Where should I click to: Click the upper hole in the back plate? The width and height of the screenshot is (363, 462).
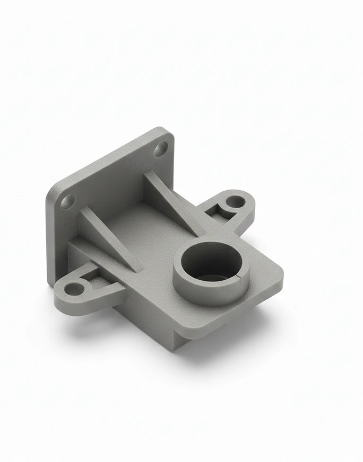[x=161, y=149]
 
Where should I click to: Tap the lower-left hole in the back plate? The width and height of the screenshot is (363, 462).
[x=68, y=201]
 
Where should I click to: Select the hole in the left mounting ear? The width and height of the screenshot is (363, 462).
[x=75, y=289]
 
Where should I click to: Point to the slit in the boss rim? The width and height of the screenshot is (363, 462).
[x=244, y=276]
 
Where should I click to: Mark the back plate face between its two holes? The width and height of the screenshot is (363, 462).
[x=114, y=175]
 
